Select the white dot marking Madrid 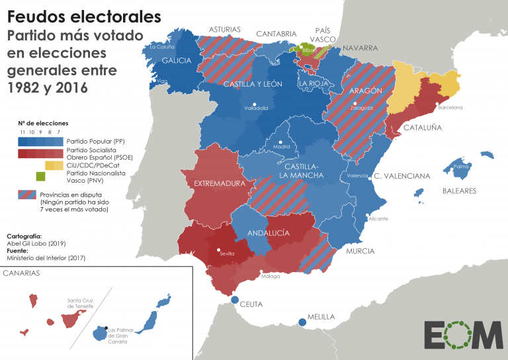click(281, 142)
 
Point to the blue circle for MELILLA click(302, 322)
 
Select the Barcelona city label click(450, 107)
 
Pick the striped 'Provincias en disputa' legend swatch click(26, 195)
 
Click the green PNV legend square click(40, 176)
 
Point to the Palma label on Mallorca click(461, 167)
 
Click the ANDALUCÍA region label click(268, 233)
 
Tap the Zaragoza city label click(361, 108)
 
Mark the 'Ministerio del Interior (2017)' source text click(47, 257)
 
